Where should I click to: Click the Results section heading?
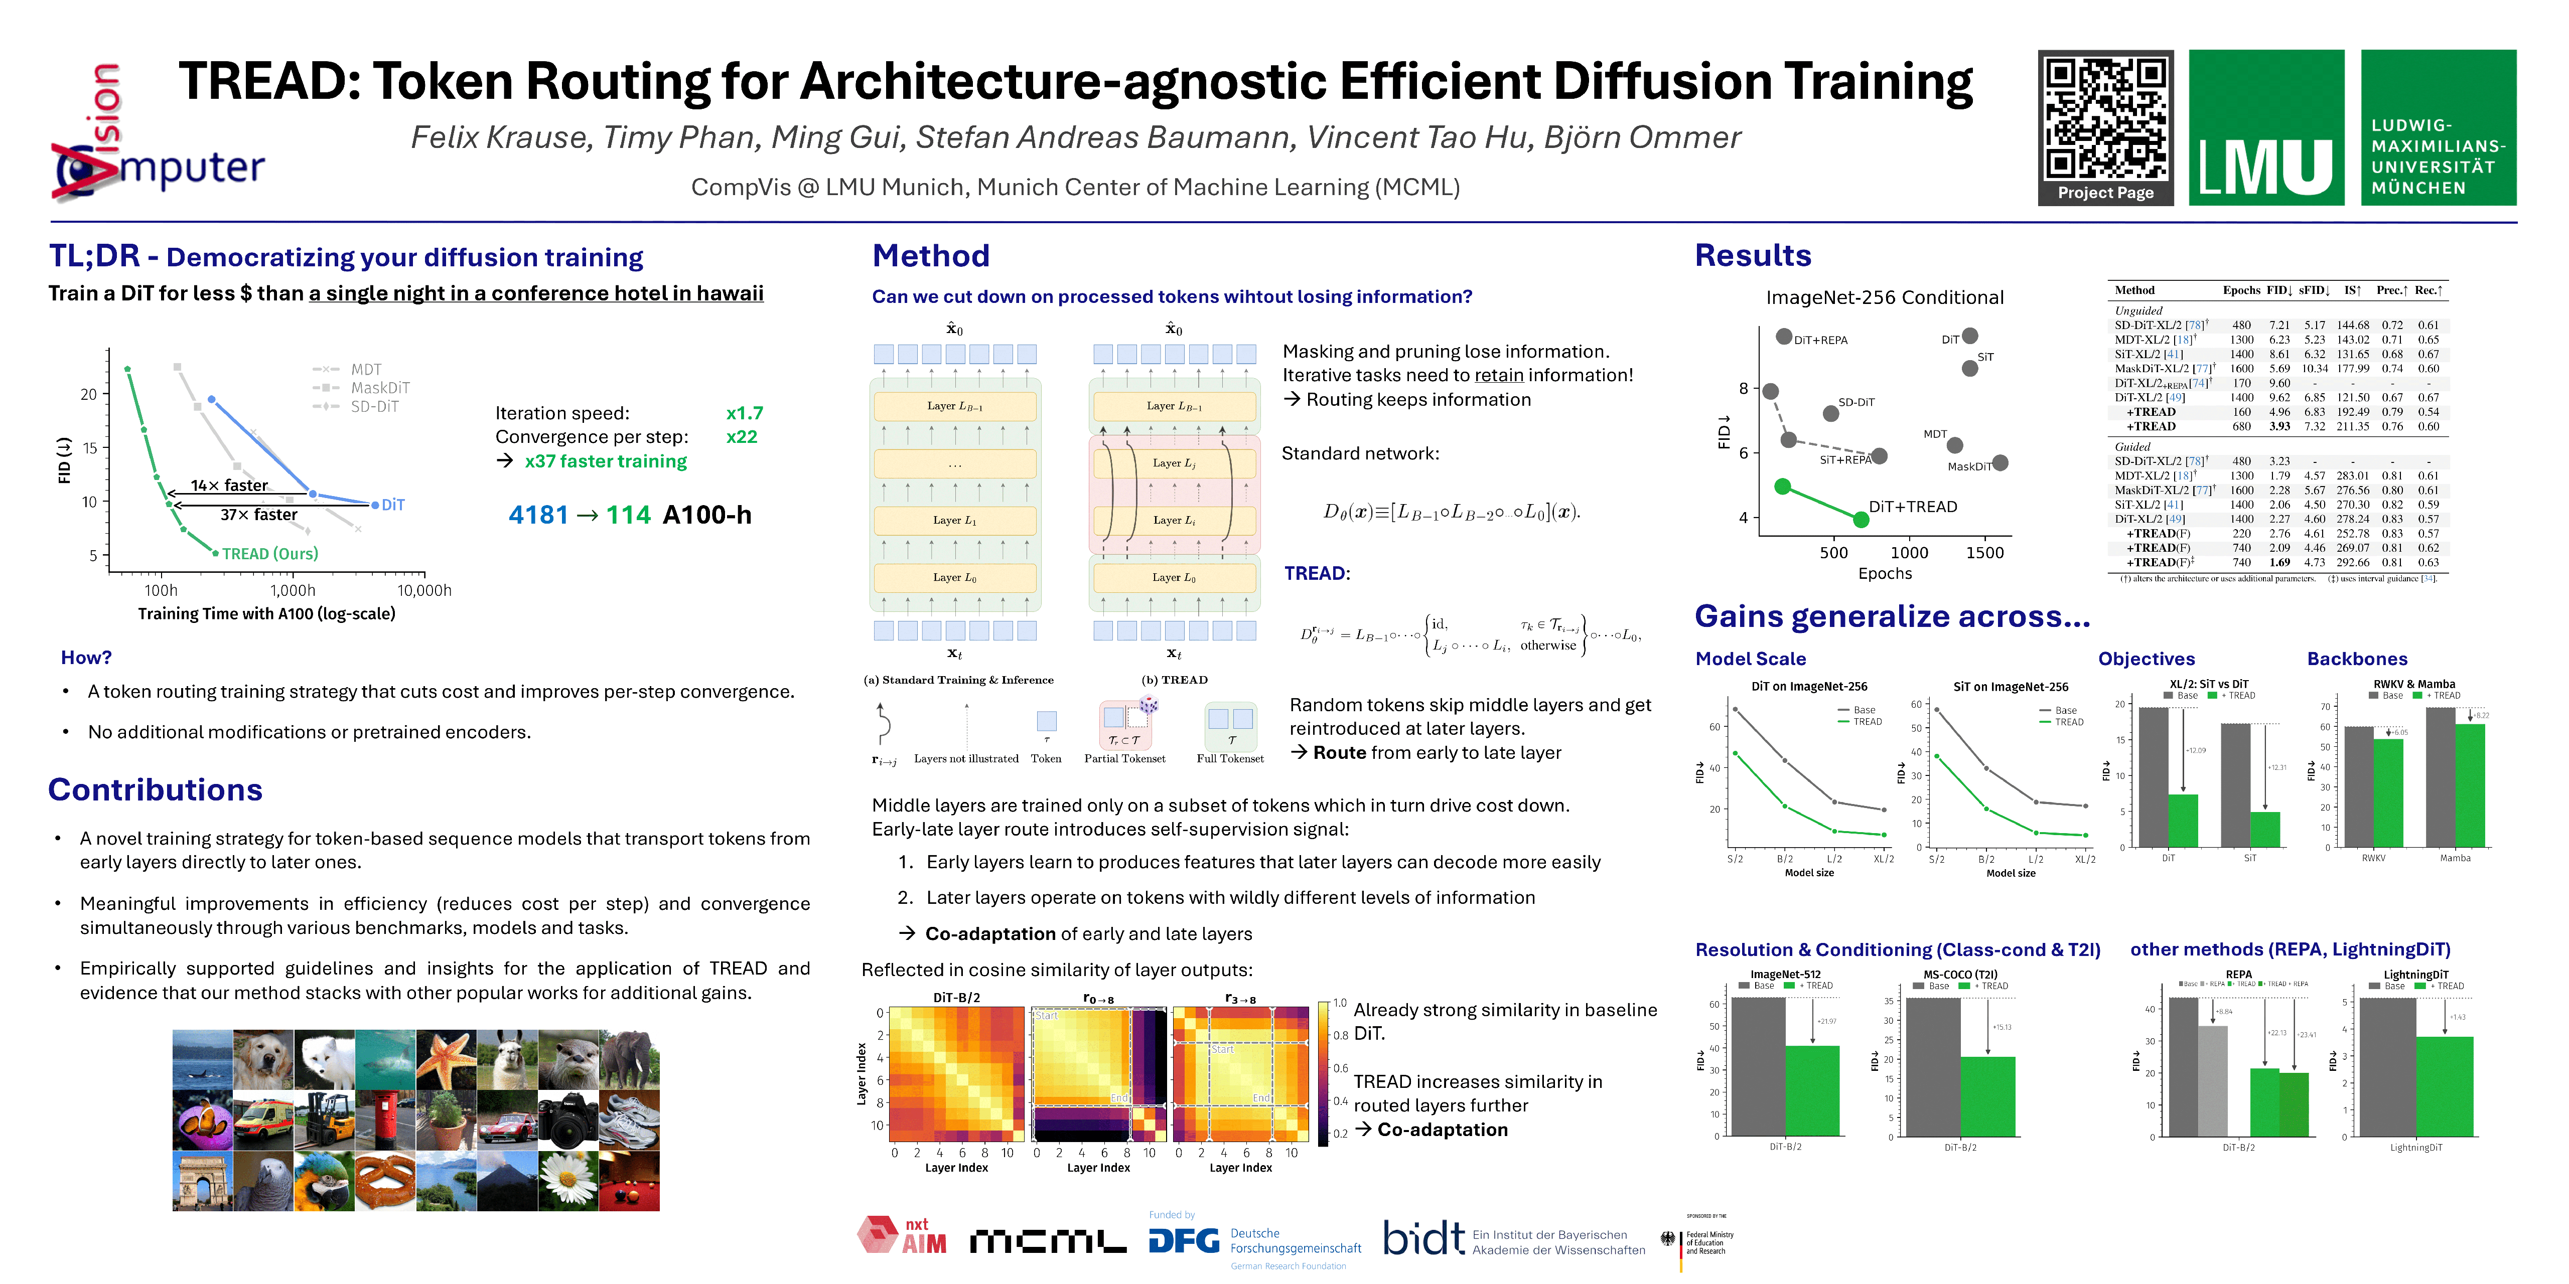pos(1752,256)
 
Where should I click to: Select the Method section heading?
pos(930,256)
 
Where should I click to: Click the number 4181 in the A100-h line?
pos(537,516)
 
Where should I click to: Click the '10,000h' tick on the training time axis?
pos(424,590)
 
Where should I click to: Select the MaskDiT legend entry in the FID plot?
pos(379,388)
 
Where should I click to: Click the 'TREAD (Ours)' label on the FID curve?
pos(269,553)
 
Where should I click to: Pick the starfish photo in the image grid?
pos(446,1059)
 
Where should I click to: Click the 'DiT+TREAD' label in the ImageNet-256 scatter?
pos(1912,507)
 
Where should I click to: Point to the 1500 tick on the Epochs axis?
pos(1983,552)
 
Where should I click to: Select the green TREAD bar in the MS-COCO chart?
pos(1987,1096)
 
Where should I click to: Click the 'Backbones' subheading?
pos(2357,659)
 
